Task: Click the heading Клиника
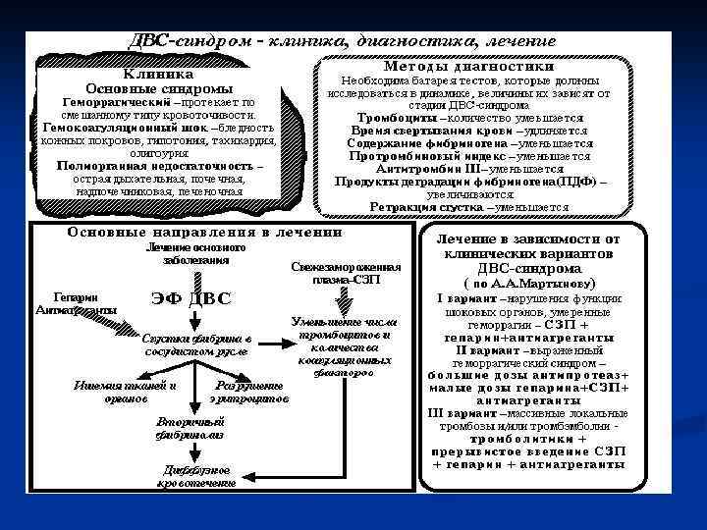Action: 157,73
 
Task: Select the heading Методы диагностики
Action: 470,66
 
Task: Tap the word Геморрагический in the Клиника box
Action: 108,101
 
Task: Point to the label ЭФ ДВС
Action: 192,298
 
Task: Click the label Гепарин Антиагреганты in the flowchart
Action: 75,303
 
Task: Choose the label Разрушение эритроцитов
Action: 248,392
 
